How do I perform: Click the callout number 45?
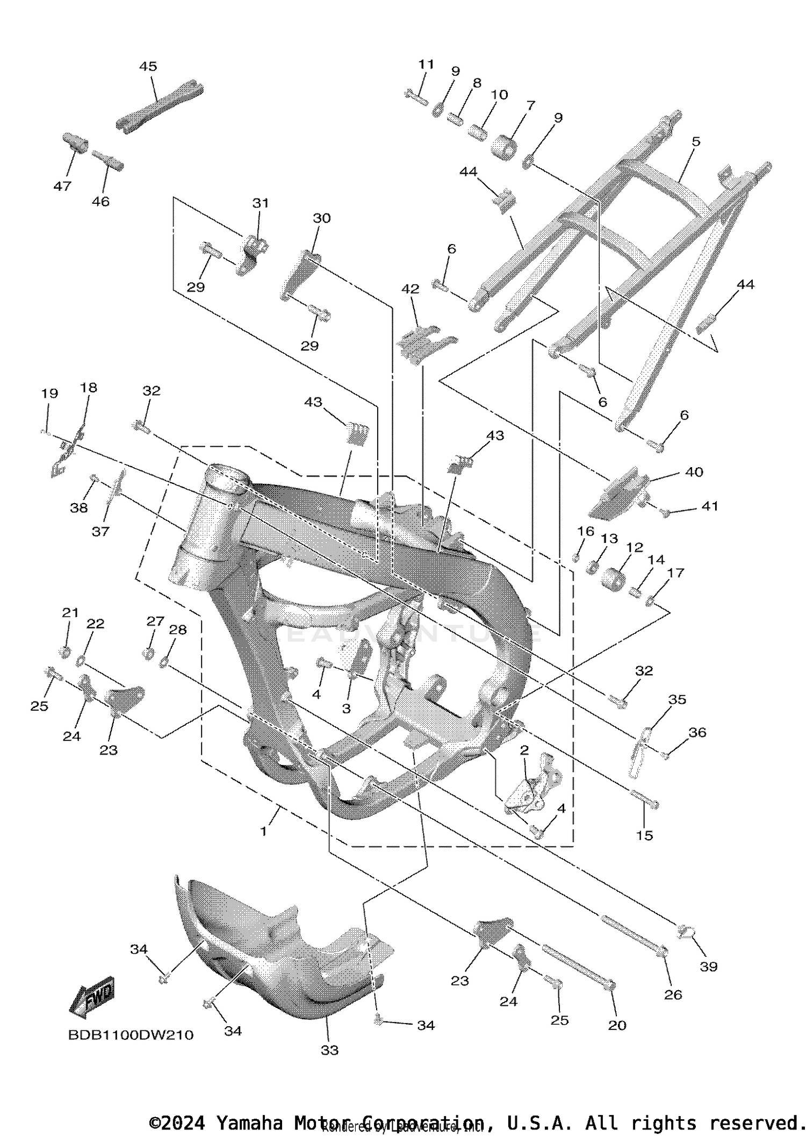148,66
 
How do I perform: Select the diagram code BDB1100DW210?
131,1035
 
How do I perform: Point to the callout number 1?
263,831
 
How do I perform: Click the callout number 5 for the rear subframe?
696,142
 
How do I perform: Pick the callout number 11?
426,65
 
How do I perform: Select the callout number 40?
694,472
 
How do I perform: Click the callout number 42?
411,289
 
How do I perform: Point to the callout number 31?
261,203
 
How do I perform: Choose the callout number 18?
89,388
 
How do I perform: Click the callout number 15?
644,835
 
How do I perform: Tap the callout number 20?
617,1026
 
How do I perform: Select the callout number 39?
709,967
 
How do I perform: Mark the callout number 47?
62,186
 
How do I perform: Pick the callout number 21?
70,612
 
